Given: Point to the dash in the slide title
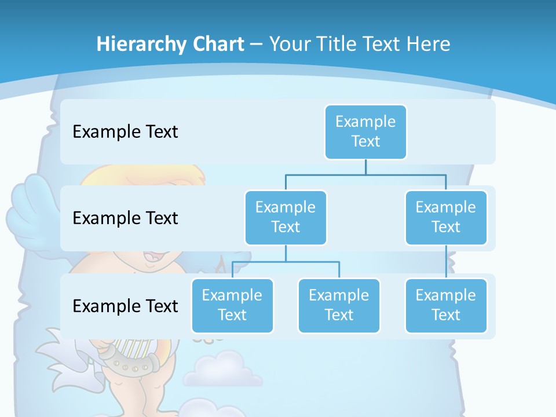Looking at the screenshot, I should click(x=257, y=45).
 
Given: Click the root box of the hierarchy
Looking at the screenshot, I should click(x=365, y=131).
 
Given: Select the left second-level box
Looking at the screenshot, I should click(x=286, y=217).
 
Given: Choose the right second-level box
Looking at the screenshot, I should click(x=446, y=217).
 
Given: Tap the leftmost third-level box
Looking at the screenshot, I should click(x=232, y=305).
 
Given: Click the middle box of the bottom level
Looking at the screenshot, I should click(x=339, y=305).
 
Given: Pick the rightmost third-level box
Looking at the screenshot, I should click(x=446, y=305).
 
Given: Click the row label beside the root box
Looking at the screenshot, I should click(x=125, y=131).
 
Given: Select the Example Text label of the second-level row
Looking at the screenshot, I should click(x=125, y=218).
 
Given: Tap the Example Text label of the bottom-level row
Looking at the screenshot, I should click(x=125, y=306).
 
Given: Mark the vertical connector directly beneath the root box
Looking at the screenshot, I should click(x=365, y=167).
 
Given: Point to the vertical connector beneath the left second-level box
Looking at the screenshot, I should click(x=286, y=253).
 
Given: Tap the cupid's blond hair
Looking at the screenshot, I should click(x=145, y=174).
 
